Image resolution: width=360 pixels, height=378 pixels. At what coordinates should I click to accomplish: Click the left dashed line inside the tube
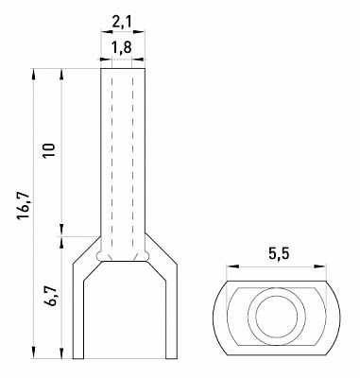coord(112,161)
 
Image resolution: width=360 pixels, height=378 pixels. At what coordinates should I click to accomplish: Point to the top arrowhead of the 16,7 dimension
coord(35,72)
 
